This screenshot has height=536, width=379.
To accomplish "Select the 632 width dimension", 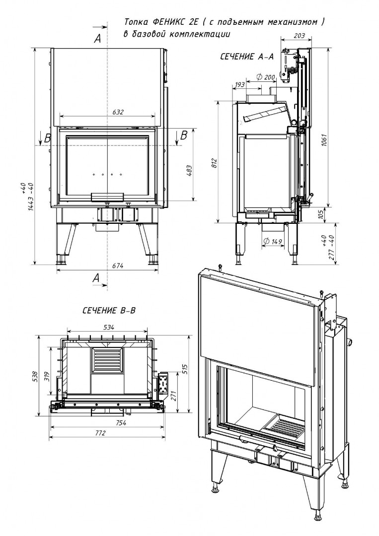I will (117, 112).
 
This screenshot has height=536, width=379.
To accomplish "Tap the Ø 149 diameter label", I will (271, 242).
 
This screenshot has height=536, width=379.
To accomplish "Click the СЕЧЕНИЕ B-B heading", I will (109, 311).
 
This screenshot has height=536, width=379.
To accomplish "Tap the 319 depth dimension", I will (46, 369).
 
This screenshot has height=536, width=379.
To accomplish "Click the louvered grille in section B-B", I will (106, 360).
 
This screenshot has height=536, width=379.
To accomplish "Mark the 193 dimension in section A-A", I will (239, 85).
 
